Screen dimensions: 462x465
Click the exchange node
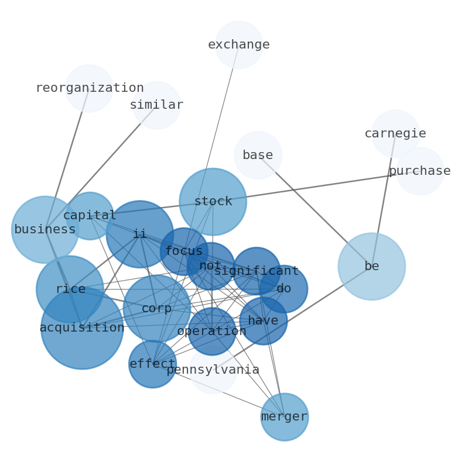[x=239, y=45]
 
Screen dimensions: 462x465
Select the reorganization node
[x=89, y=88]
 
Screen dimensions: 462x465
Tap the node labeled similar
[x=156, y=105]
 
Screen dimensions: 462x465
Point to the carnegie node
[x=395, y=134]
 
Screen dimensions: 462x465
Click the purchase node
[x=420, y=171]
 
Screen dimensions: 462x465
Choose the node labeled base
[x=258, y=156]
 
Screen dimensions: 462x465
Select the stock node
[x=213, y=202]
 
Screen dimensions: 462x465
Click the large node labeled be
[x=371, y=267]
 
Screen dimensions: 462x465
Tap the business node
[x=45, y=230]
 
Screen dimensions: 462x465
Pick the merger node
[x=284, y=417]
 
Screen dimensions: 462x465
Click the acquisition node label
[x=82, y=328]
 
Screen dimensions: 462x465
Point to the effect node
[x=152, y=364]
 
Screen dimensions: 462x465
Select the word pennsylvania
[x=213, y=370]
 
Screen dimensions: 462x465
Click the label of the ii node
[x=139, y=235]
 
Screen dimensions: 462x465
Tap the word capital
[x=90, y=216]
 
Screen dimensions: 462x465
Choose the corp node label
[x=156, y=309]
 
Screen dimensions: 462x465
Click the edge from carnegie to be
[x=384, y=199]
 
